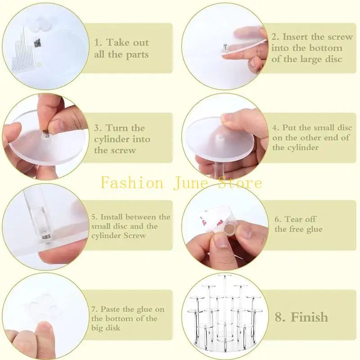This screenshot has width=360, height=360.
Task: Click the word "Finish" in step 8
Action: (309, 317)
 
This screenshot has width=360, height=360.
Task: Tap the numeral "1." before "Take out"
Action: (98, 43)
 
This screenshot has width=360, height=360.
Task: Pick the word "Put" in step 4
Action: (289, 128)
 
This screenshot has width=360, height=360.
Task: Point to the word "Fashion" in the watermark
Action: (132, 183)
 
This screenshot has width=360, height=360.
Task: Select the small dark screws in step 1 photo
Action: (37, 43)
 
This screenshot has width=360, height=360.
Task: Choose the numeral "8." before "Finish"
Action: (280, 317)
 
